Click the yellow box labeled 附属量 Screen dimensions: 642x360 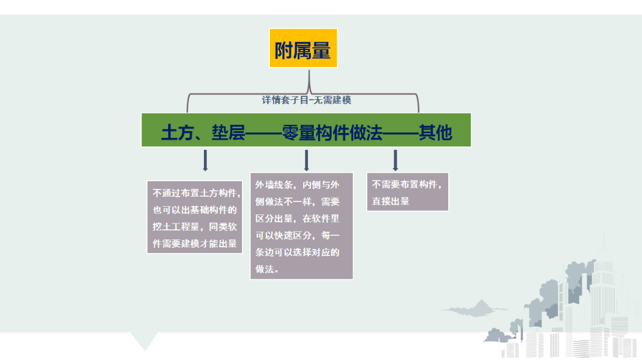tap(303, 48)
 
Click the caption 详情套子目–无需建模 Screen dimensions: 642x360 tap(306, 100)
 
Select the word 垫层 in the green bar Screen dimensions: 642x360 tap(228, 132)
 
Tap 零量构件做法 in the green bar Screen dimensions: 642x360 tap(332, 132)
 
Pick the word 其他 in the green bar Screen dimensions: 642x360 tap(435, 132)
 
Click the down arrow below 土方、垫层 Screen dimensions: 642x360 tap(205, 160)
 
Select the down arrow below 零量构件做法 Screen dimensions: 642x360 tap(306, 160)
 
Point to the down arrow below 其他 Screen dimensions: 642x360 tap(395, 160)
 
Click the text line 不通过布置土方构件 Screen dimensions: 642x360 tap(197, 193)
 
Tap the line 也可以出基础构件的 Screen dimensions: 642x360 tap(195, 210)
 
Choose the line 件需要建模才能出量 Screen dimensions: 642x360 tap(195, 244)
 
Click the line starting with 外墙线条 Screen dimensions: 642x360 tap(297, 185)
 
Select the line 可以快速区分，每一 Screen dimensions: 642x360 tap(297, 235)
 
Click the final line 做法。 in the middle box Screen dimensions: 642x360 tap(267, 269)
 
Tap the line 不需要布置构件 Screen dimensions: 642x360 tap(407, 185)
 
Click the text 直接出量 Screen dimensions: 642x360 tap(391, 201)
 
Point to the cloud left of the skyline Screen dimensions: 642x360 tap(474, 309)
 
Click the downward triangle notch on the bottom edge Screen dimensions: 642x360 tap(144, 340)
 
